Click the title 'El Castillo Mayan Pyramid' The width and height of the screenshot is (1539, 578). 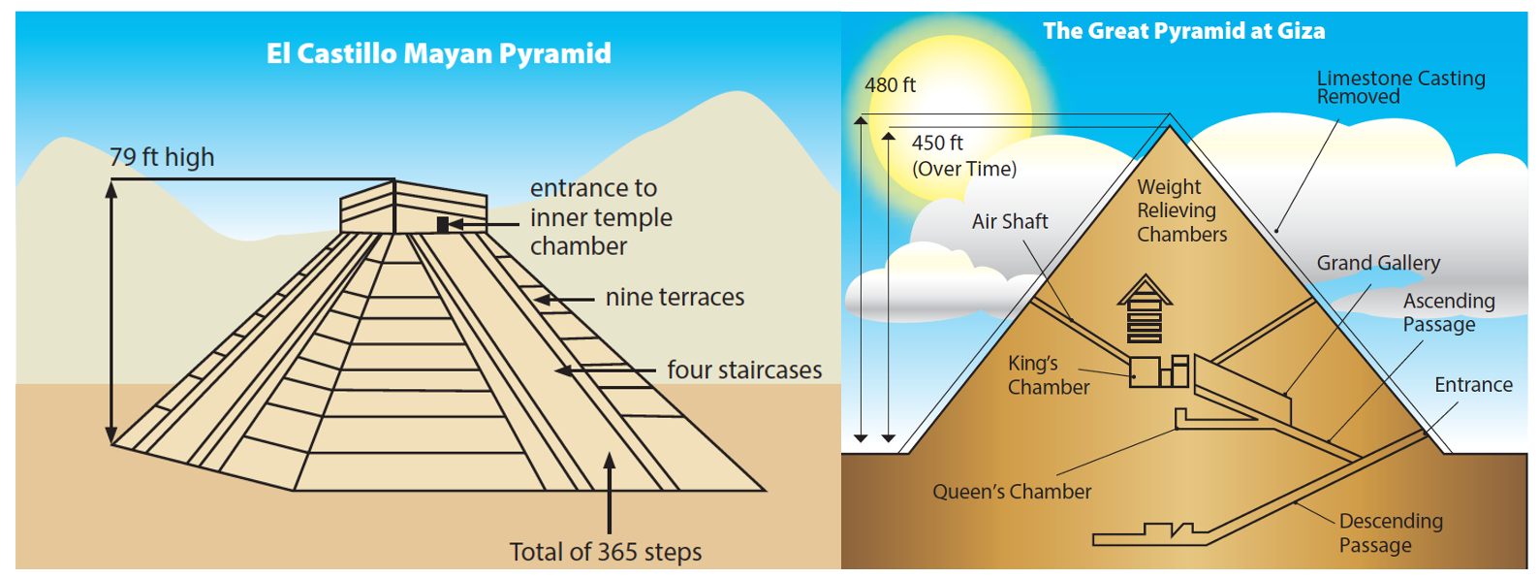point(438,53)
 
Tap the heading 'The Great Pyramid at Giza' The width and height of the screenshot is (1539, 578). point(1183,31)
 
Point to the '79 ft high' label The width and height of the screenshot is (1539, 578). point(162,157)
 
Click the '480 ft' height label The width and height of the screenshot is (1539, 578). point(890,85)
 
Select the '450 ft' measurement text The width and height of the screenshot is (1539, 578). point(937,143)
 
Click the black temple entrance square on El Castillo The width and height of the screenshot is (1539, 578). point(443,225)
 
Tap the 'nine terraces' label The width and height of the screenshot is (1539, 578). point(675,297)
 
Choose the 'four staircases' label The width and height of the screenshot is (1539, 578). point(744,369)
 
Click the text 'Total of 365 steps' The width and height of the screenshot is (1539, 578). point(606,552)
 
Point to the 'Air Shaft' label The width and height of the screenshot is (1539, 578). point(1009,221)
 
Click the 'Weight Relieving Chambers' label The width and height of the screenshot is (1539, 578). point(1181,210)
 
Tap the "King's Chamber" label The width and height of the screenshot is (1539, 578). point(1049,375)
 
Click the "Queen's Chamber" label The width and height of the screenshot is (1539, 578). point(1012,492)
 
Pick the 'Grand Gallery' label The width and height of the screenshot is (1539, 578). point(1378,263)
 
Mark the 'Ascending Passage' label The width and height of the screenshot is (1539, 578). point(1448,312)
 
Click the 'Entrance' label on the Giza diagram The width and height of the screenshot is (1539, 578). point(1473,385)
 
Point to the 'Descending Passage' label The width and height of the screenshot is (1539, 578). point(1391,533)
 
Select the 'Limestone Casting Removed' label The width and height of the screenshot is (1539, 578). point(1400,87)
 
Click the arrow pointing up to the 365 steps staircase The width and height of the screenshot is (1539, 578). point(610,493)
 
